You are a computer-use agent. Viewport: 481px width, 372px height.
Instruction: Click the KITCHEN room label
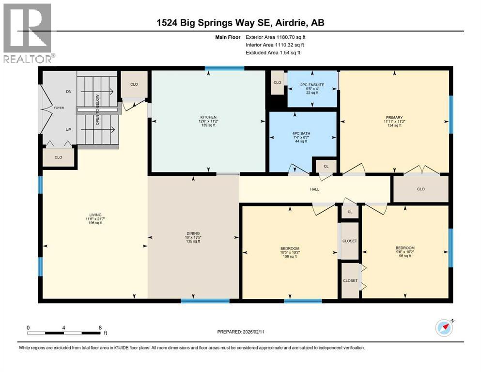point(208,117)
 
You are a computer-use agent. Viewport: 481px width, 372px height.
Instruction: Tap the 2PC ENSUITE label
point(311,85)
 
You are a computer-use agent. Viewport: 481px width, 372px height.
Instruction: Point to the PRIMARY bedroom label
point(395,117)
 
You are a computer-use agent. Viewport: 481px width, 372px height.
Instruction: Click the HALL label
point(315,189)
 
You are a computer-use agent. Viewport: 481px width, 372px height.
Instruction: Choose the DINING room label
point(194,233)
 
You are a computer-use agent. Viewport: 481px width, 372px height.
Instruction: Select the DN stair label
point(68,92)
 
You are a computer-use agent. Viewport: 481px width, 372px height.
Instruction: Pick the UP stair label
point(68,130)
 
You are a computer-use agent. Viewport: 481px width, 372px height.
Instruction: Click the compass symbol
point(444,328)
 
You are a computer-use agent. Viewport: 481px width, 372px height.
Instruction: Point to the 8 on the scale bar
point(100,327)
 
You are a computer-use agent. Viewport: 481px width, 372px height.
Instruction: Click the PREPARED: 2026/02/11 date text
point(242,332)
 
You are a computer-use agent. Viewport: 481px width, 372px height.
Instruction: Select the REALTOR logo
point(27,33)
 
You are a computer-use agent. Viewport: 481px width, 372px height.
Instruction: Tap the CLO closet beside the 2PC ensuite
point(277,83)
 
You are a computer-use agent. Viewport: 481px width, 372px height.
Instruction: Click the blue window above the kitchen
point(224,68)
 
